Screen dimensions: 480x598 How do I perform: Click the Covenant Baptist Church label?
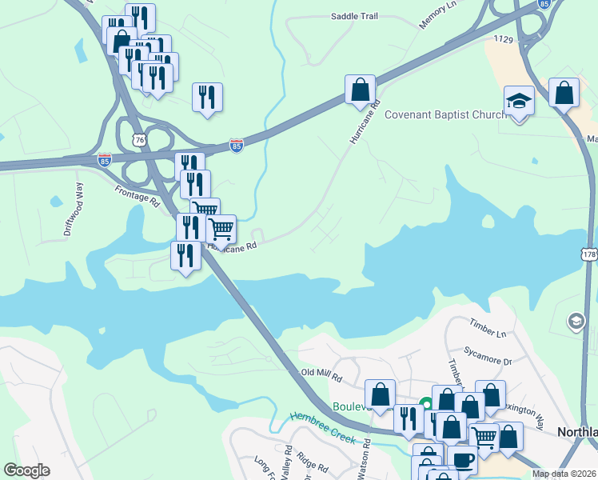[x=445, y=114]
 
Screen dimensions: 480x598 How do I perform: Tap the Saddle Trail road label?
[x=353, y=16]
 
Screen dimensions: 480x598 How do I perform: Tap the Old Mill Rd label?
[x=321, y=374]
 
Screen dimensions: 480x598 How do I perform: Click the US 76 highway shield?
[x=141, y=140]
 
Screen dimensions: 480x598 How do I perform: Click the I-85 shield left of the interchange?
[x=105, y=160]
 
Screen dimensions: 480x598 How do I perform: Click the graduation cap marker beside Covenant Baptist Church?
[x=519, y=102]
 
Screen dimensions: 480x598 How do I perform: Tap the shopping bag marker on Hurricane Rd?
[x=360, y=89]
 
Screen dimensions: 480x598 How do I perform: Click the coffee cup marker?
[x=462, y=461]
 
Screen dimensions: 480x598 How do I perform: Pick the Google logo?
[x=26, y=470]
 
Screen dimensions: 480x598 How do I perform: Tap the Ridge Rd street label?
[x=312, y=463]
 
